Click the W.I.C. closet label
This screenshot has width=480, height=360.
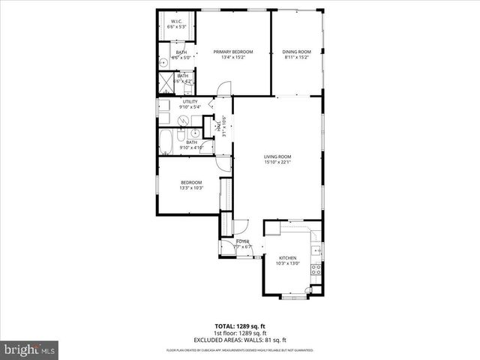[178, 21]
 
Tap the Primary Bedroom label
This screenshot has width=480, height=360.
[233, 52]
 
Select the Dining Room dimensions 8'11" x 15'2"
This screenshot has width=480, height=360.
[296, 57]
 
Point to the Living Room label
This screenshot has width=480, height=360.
[277, 157]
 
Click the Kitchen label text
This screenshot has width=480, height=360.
[289, 257]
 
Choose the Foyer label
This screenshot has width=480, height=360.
[242, 241]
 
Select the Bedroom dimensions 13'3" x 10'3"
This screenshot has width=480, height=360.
[190, 188]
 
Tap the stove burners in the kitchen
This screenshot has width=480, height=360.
[316, 268]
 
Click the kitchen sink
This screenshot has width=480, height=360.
[317, 249]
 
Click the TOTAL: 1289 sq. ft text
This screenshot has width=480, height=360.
[240, 326]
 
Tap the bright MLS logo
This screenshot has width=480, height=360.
[30, 349]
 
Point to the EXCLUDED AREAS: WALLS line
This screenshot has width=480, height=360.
[240, 339]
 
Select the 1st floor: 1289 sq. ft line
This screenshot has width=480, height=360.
[240, 333]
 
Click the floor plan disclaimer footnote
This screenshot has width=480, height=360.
[240, 350]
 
